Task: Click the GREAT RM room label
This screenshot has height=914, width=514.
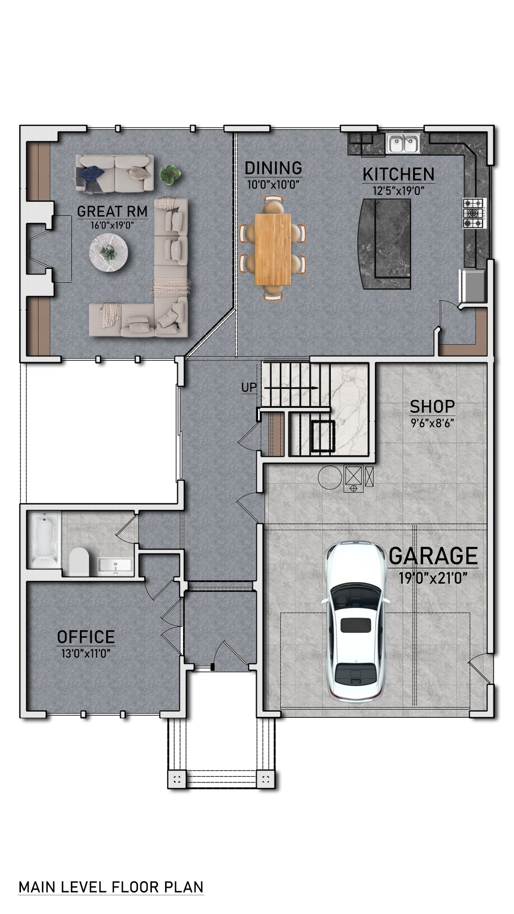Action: pos(112,211)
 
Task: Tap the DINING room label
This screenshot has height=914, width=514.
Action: pos(273,168)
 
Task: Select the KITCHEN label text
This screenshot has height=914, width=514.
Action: pos(398,175)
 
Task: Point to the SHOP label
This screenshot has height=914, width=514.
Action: pos(432,407)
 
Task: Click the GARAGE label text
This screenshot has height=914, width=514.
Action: pos(433,556)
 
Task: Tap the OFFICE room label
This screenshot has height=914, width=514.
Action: pos(86,637)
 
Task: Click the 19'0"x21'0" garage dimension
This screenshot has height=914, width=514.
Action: pos(433,578)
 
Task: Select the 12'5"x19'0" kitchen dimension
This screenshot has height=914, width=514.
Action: pos(398,191)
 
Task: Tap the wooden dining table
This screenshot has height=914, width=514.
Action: pos(273,249)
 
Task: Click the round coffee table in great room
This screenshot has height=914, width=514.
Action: pos(108,252)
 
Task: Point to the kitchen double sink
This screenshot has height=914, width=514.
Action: pos(403,143)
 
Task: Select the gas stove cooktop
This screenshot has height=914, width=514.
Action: pos(474,213)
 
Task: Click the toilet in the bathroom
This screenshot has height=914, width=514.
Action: pos(79,562)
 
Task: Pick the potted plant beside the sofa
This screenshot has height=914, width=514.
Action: pos(169,174)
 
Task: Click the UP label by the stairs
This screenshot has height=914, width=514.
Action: pos(248,387)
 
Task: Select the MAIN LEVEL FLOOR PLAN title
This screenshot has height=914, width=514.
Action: pos(111,887)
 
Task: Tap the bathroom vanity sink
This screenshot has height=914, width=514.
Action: pos(115,566)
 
